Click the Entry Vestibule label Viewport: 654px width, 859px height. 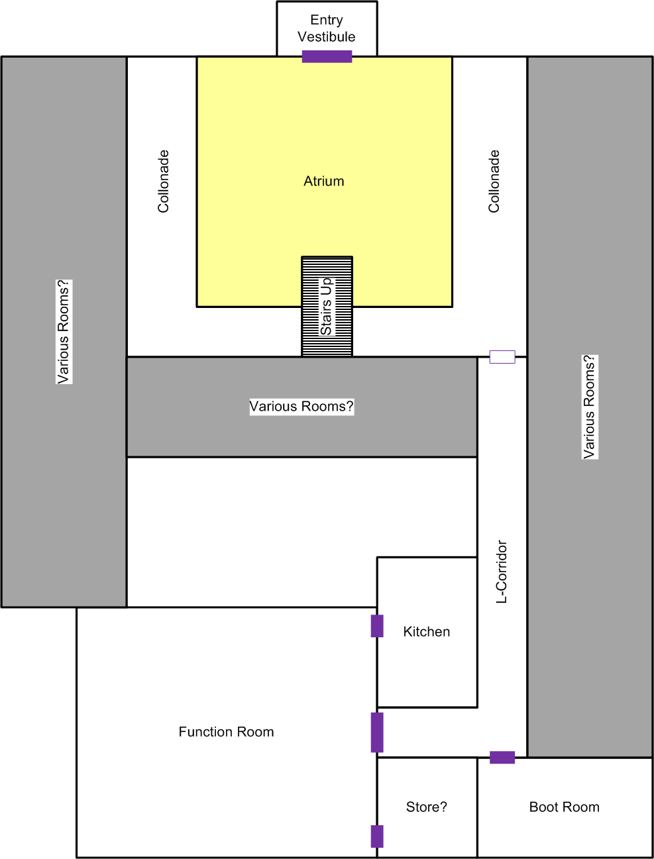pyautogui.click(x=327, y=28)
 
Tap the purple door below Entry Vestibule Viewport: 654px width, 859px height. pyautogui.click(x=327, y=57)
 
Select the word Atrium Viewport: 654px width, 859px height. pyautogui.click(x=324, y=181)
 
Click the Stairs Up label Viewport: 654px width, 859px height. pyautogui.click(x=326, y=307)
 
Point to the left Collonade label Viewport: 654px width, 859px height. pyautogui.click(x=163, y=181)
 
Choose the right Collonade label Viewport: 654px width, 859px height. pyautogui.click(x=494, y=181)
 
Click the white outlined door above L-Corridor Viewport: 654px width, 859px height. pyautogui.click(x=502, y=357)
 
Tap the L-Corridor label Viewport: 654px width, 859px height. pyautogui.click(x=502, y=572)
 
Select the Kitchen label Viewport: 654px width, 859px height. pyautogui.click(x=427, y=632)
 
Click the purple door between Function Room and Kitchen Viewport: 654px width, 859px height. pyautogui.click(x=377, y=626)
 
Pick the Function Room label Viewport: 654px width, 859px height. pyautogui.click(x=226, y=732)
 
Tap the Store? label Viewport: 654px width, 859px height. pyautogui.click(x=426, y=807)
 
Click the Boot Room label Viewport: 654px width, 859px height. pyautogui.click(x=565, y=807)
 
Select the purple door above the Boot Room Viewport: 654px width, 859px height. pyautogui.click(x=502, y=757)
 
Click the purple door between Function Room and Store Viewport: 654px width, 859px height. pyautogui.click(x=377, y=836)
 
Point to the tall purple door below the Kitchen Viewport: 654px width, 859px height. pyautogui.click(x=377, y=733)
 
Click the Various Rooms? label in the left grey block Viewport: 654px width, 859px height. pyautogui.click(x=64, y=331)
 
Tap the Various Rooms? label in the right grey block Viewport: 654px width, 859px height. pyautogui.click(x=590, y=407)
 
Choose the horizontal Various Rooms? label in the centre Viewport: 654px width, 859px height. pyautogui.click(x=301, y=407)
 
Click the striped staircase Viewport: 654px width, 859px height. pyautogui.click(x=327, y=307)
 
